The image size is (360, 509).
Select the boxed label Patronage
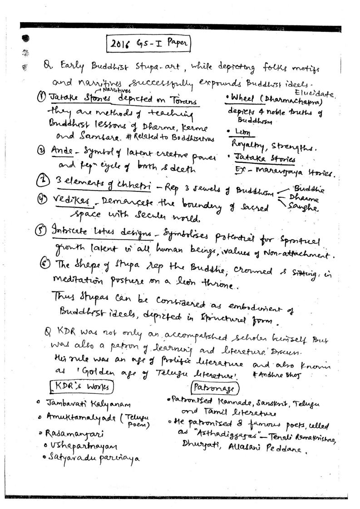pos(214,387)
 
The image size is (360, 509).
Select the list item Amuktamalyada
pos(82,416)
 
